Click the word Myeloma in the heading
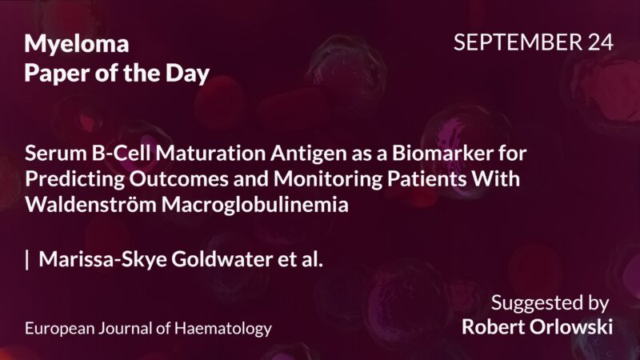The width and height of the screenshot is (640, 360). pyautogui.click(x=76, y=45)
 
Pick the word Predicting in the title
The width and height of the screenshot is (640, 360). pyautogui.click(x=70, y=178)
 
